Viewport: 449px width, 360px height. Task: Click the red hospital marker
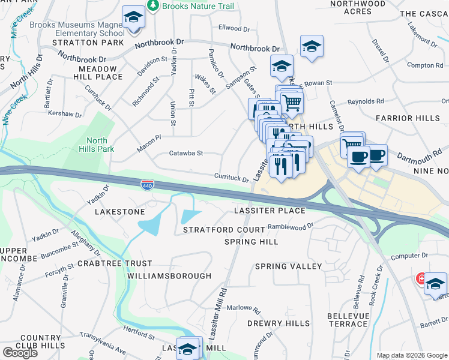[x=422, y=279]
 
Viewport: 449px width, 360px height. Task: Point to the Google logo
[x=20, y=353]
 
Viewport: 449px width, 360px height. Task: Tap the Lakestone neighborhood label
[x=120, y=212]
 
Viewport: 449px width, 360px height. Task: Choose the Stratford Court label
[x=224, y=230]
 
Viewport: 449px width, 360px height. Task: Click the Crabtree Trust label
[x=115, y=263]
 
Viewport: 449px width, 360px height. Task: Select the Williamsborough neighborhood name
[x=169, y=276]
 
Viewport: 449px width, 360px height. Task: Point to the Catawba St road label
[x=187, y=154]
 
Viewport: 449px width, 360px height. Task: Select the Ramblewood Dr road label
[x=291, y=227]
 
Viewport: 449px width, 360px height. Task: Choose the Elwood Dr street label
[x=234, y=28]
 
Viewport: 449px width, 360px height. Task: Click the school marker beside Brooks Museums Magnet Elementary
[x=133, y=17]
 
